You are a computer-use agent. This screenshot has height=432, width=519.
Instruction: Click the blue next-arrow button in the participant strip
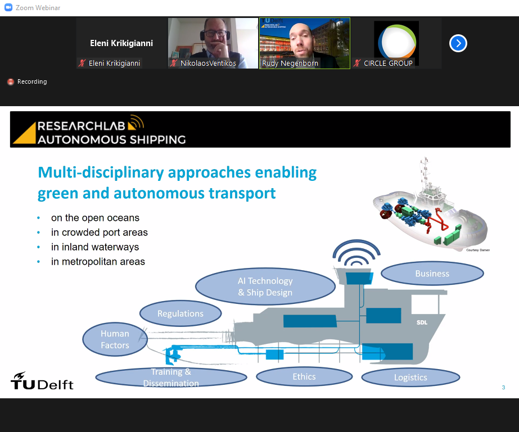pyautogui.click(x=458, y=43)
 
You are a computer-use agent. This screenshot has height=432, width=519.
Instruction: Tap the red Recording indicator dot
pyautogui.click(x=11, y=81)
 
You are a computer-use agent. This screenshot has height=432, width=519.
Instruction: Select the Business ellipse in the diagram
pyautogui.click(x=432, y=274)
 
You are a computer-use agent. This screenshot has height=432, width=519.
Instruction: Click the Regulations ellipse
pyautogui.click(x=180, y=313)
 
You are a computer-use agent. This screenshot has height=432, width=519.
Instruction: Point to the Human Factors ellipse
pyautogui.click(x=115, y=339)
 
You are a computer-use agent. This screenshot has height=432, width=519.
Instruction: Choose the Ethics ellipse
pyautogui.click(x=304, y=377)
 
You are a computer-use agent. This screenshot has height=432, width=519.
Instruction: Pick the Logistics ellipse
pyautogui.click(x=410, y=378)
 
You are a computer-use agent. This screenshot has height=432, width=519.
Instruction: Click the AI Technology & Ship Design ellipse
pyautogui.click(x=265, y=287)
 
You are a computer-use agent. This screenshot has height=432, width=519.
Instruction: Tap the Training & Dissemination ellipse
pyautogui.click(x=171, y=378)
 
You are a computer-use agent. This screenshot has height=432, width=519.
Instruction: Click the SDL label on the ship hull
pyautogui.click(x=422, y=322)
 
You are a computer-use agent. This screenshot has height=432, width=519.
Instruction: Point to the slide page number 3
pyautogui.click(x=503, y=388)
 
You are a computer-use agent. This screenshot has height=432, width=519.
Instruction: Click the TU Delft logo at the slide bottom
pyautogui.click(x=42, y=381)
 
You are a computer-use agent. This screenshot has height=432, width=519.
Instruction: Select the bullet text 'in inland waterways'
pyautogui.click(x=95, y=247)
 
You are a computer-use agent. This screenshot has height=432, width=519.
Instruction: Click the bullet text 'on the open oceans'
pyautogui.click(x=96, y=218)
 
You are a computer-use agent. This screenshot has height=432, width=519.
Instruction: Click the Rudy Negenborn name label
pyautogui.click(x=290, y=63)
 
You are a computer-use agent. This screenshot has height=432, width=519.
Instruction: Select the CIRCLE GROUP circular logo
pyautogui.click(x=397, y=42)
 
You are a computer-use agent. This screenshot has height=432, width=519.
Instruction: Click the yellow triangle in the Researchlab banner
pyautogui.click(x=24, y=133)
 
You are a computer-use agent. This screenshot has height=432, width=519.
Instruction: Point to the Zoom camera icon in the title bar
pyautogui.click(x=8, y=7)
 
